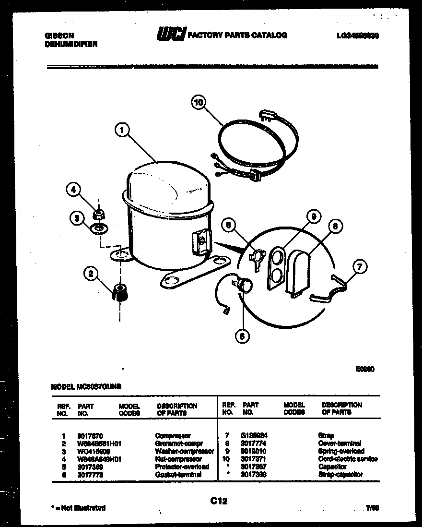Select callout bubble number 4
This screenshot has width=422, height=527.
pos(73,190)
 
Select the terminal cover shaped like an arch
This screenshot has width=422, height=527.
pos(298,272)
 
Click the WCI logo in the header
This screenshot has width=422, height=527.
pos(170,35)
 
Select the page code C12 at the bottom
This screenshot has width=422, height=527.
pos(218,501)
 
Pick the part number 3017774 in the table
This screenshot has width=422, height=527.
pos(254,443)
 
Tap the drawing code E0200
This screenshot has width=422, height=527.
pos(364,370)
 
